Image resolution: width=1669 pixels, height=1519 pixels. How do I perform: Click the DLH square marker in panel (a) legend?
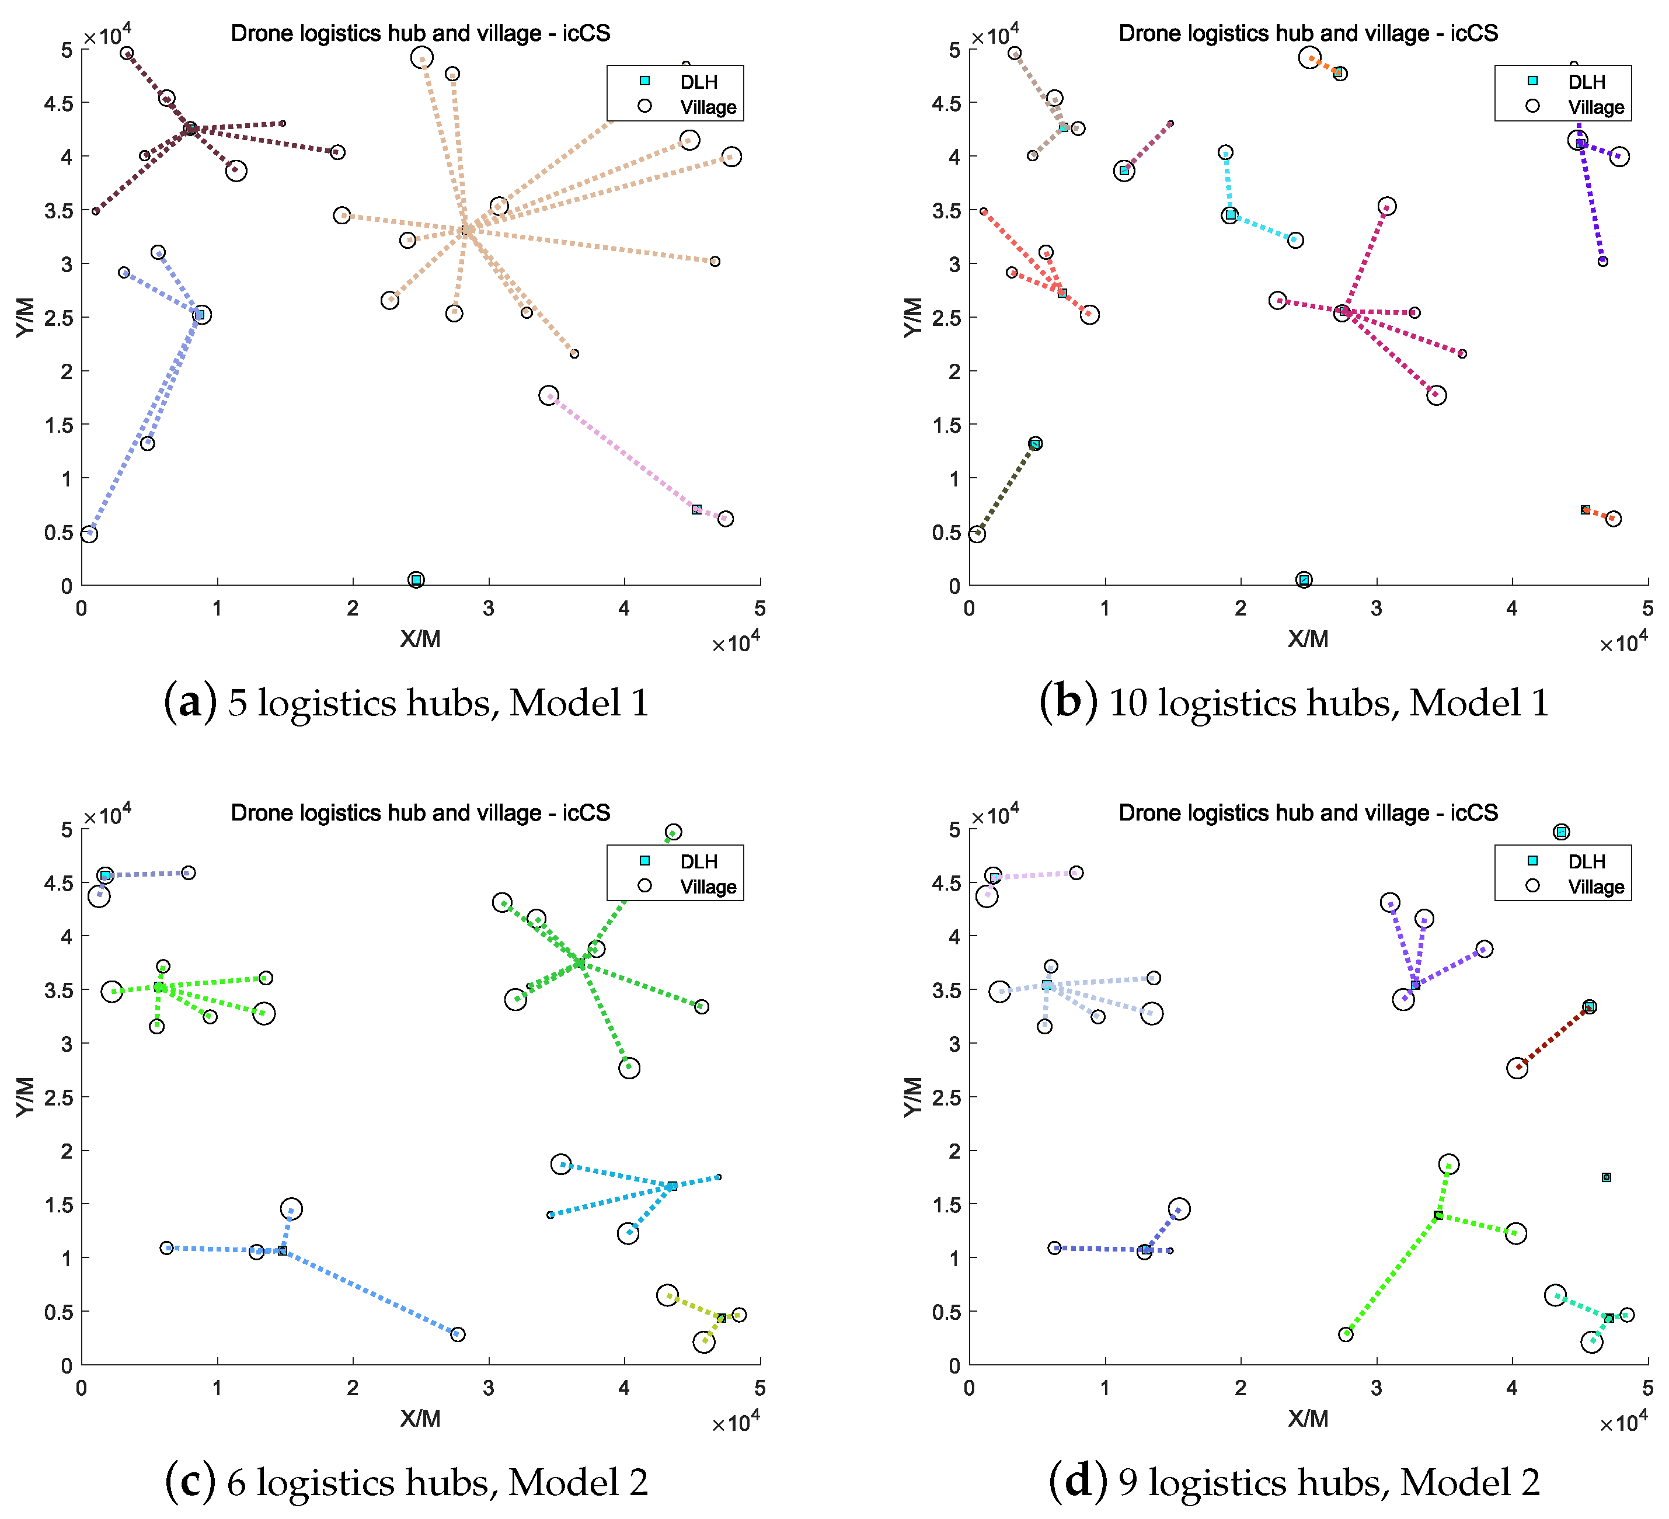click(645, 81)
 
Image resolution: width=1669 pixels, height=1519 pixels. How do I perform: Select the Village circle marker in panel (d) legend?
click(1532, 885)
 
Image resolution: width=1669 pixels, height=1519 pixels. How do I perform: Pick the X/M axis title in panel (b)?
click(1308, 638)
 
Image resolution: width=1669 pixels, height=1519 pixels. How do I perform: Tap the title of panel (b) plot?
click(1308, 33)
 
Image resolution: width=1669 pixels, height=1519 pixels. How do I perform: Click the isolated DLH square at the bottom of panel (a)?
click(416, 580)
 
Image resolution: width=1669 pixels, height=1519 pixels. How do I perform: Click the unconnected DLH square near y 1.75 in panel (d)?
click(1606, 1177)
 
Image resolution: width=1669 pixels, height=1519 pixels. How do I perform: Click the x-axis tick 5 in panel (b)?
click(1647, 609)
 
